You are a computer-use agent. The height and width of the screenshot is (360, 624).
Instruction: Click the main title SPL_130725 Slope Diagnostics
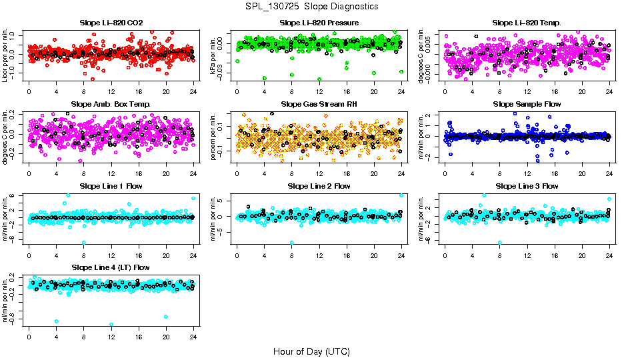(x=311, y=6)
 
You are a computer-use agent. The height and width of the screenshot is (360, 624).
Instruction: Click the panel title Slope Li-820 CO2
(x=111, y=23)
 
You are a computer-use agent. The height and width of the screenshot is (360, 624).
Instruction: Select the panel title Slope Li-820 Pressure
(x=319, y=23)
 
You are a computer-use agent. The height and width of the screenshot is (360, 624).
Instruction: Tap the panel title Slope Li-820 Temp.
(x=527, y=23)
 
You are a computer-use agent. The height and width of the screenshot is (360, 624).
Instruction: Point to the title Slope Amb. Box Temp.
(x=111, y=104)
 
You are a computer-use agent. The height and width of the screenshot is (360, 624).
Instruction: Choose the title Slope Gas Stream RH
(x=319, y=104)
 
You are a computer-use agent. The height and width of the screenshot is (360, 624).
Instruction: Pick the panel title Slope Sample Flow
(x=527, y=104)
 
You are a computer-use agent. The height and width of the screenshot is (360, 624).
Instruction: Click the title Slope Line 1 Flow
(x=111, y=186)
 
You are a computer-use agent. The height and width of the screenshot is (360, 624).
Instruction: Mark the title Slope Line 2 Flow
(x=319, y=186)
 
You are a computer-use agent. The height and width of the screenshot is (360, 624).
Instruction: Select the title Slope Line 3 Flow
(x=527, y=186)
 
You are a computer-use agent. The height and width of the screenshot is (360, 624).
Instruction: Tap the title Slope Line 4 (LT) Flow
(x=111, y=267)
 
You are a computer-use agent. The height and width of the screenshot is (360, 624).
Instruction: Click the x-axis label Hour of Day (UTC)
(x=311, y=351)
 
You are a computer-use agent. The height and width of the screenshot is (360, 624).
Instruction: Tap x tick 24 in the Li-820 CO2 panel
(x=193, y=91)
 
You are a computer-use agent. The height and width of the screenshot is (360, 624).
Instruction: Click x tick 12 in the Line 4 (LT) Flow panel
(x=111, y=336)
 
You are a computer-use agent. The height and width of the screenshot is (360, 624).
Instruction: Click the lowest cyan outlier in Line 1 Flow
(x=84, y=243)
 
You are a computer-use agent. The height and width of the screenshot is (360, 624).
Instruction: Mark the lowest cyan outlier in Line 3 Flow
(x=500, y=243)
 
